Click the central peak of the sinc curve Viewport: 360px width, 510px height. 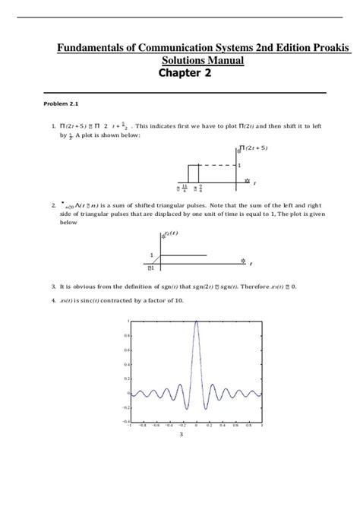point(196,322)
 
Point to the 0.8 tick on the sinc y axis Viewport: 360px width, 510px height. point(126,335)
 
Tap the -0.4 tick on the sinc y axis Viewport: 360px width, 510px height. point(125,420)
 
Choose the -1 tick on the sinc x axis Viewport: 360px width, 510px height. point(130,426)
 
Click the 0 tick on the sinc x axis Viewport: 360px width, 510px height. point(196,426)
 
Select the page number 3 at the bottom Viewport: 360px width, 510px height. point(181,435)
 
